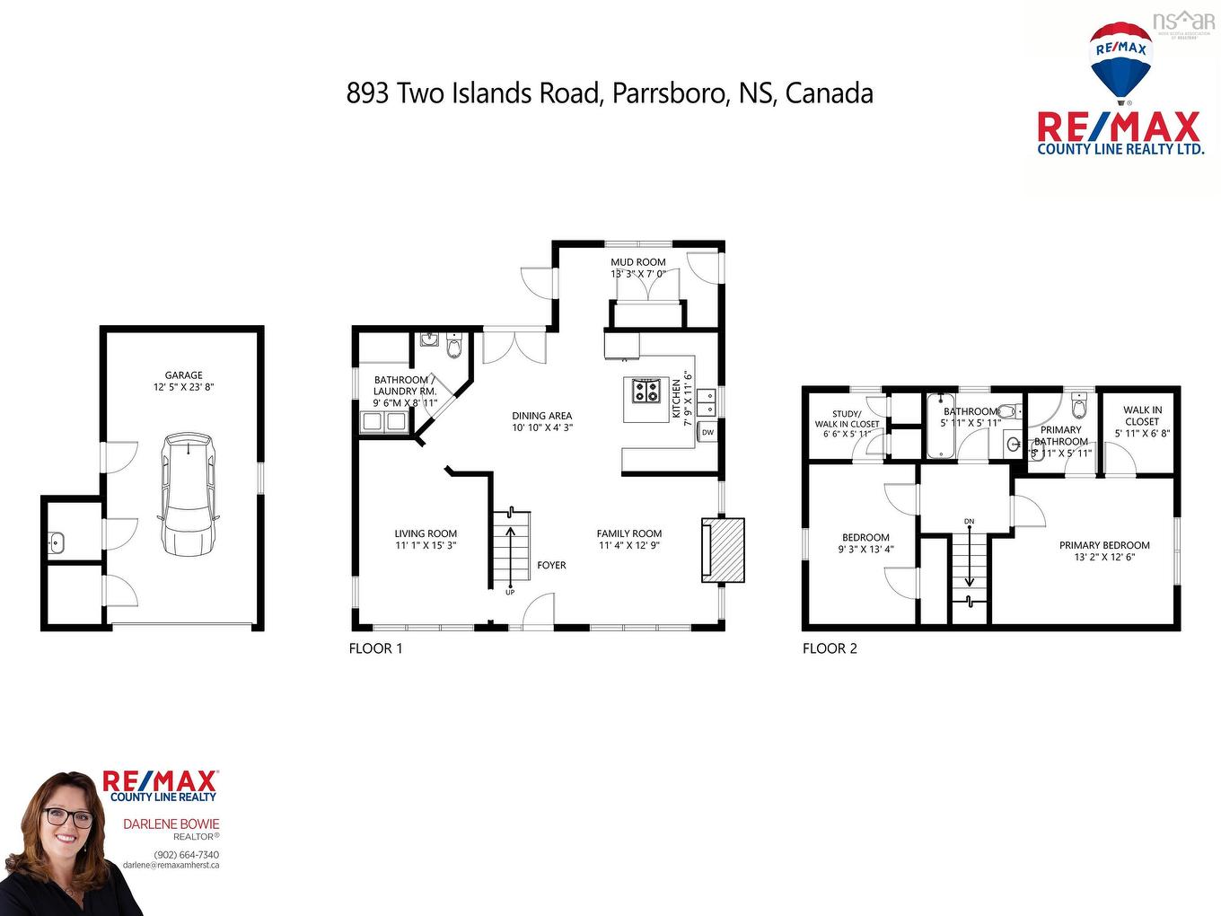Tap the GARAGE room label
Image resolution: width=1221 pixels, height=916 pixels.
point(183,375)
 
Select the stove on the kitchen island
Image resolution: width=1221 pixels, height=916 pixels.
point(644,392)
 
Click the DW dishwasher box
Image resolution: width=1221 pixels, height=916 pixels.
point(707,432)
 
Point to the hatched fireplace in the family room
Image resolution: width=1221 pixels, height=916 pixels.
point(724,550)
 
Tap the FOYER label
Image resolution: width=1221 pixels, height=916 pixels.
point(551,565)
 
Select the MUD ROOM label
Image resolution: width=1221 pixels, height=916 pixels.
point(638,262)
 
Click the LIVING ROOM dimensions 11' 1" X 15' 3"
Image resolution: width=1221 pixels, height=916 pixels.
point(426,545)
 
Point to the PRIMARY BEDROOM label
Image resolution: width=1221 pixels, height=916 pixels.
point(1104,545)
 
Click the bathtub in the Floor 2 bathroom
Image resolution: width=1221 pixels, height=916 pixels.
point(940,426)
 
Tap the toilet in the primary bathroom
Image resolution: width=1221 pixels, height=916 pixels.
point(1080,407)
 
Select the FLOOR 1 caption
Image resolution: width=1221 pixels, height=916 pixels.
point(375,648)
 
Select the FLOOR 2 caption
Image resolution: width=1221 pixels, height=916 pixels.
point(830,648)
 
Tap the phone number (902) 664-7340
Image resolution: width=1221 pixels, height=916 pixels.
point(187,854)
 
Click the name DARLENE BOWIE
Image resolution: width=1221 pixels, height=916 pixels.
point(171,824)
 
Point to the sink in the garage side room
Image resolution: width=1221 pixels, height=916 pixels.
point(56,542)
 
